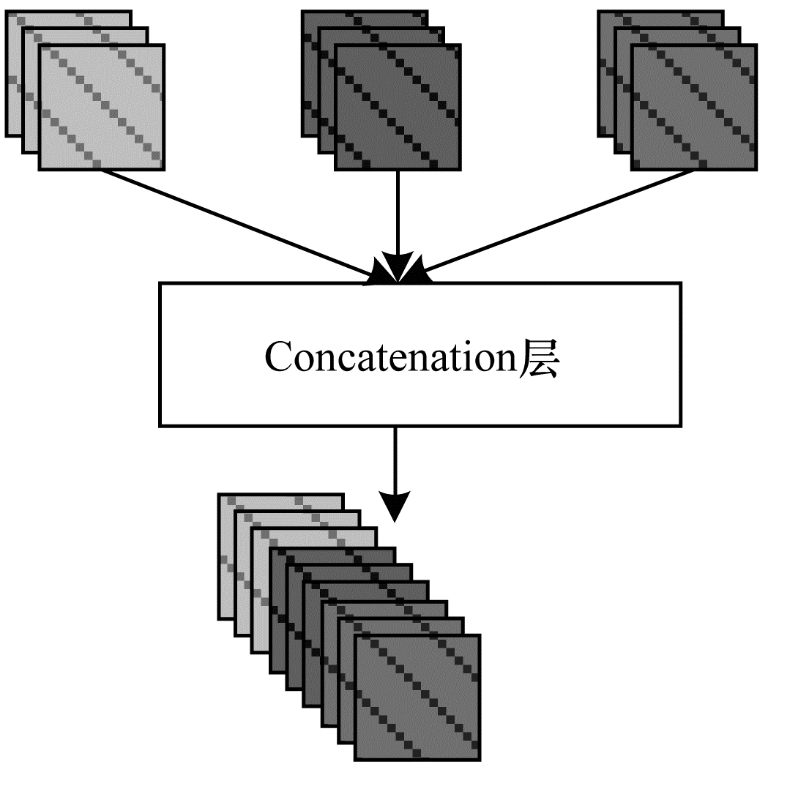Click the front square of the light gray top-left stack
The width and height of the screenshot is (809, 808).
point(101,107)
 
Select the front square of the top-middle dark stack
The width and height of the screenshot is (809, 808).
point(398,107)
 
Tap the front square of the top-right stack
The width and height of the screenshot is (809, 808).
point(693,107)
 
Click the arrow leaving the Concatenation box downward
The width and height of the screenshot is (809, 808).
point(395,461)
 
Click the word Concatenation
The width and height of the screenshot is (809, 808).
point(391,358)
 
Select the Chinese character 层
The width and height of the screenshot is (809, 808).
point(540,358)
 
